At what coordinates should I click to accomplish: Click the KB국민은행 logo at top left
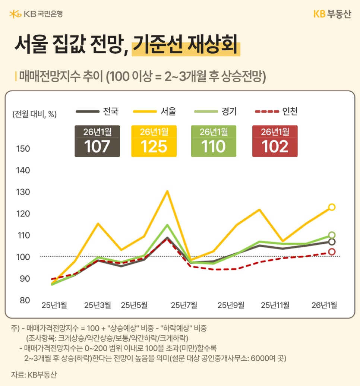36,14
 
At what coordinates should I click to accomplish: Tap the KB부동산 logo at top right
332,14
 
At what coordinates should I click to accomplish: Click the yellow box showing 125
154,141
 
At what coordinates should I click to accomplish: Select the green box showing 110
214,141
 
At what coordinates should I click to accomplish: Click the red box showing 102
275,141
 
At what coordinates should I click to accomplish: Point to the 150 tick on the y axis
23,149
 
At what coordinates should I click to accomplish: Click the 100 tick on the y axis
23,257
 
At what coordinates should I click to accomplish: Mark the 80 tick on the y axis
23,300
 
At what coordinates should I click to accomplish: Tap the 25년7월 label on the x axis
184,305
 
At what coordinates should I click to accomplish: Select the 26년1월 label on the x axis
324,305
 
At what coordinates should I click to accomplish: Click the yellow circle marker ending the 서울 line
331,207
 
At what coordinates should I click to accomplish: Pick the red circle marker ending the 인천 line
331,252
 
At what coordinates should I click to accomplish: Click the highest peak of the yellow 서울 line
167,191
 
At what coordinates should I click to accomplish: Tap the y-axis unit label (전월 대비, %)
34,114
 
